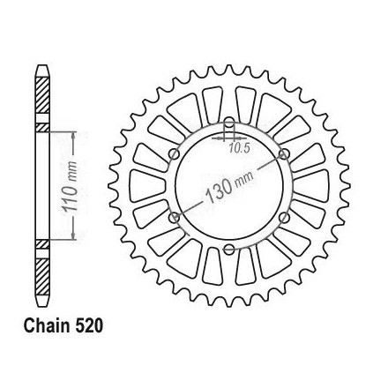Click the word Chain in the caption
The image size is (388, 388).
48,326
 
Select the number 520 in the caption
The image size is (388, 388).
89,326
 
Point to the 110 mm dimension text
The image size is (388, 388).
70,186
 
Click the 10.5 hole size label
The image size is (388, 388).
240,148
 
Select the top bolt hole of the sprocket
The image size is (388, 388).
229,123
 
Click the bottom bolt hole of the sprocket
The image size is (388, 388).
229,250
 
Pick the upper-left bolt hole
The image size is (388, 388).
175,154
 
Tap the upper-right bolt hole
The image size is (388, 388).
284,154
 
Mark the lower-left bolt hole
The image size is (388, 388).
175,218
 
